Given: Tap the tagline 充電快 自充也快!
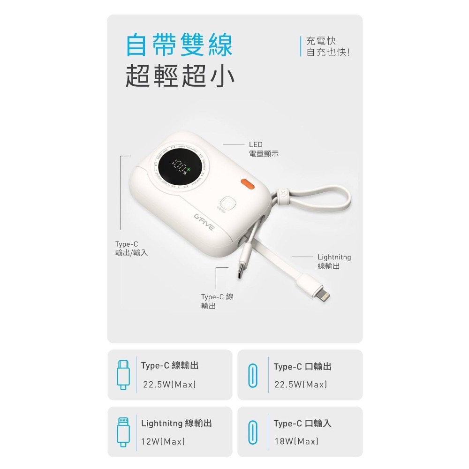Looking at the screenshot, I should [328, 47].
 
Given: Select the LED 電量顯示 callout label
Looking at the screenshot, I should [263, 149].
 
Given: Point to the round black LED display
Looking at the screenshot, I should [180, 166].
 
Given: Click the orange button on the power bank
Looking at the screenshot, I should [248, 183].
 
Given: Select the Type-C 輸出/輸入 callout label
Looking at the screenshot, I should [131, 248].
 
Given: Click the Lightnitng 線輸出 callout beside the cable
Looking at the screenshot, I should [334, 262].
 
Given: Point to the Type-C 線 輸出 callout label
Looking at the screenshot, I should [217, 301].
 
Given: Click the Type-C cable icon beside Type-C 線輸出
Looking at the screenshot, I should [122, 375].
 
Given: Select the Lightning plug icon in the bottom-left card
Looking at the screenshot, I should [122, 432].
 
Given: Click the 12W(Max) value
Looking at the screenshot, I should [164, 441].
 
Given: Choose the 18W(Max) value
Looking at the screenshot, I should [296, 441].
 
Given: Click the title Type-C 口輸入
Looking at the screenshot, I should [303, 424].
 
